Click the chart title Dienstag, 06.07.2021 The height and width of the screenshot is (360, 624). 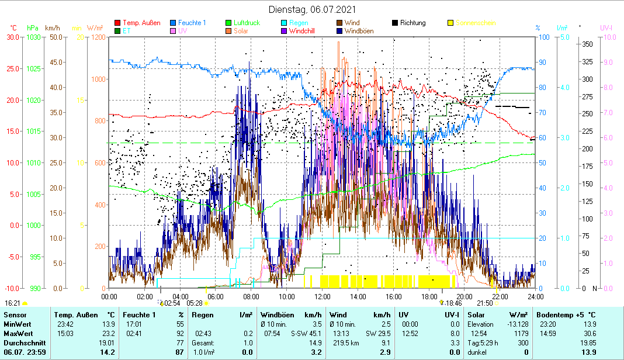(312, 10)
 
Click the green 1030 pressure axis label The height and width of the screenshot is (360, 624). (34, 37)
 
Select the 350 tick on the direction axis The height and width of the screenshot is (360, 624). (588, 44)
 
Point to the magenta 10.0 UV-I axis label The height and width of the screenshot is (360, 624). (608, 37)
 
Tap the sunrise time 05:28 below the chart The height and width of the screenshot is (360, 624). (194, 303)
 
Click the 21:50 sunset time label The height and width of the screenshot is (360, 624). (485, 303)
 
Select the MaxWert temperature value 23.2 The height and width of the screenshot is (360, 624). (108, 333)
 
